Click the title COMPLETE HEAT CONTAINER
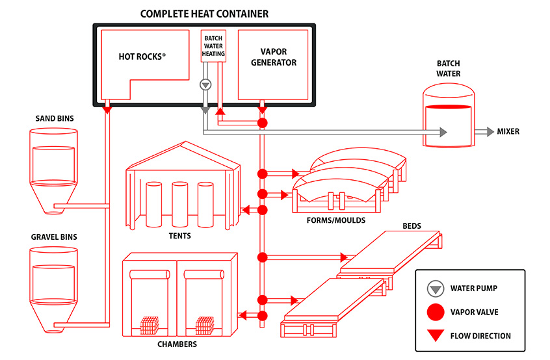[x=205, y=14]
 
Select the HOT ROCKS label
[x=142, y=57]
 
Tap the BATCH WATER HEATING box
[x=213, y=45]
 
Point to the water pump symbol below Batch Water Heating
[x=205, y=84]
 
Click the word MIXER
[x=508, y=132]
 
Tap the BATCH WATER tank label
[x=448, y=68]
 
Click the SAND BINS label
[x=55, y=118]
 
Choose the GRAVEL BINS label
[x=54, y=237]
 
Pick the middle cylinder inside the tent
[x=180, y=202]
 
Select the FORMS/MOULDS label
[x=335, y=220]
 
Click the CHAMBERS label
[x=177, y=344]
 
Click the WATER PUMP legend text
[x=480, y=289]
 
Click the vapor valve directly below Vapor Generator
[x=263, y=123]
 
